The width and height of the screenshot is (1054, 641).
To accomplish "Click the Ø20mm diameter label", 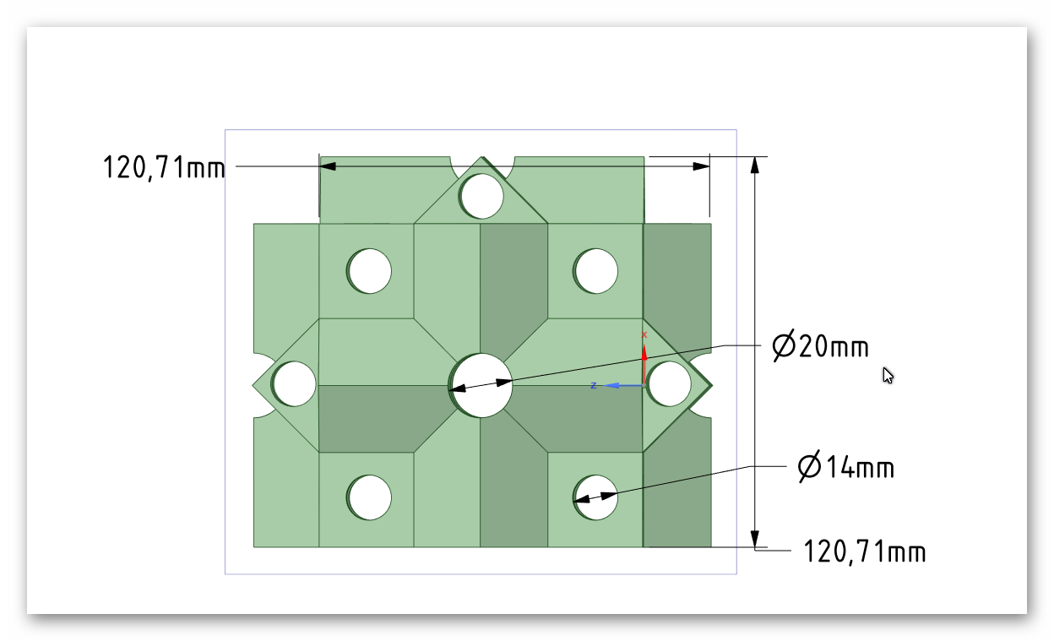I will [821, 346].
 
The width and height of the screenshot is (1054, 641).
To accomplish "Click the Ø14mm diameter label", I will [846, 467].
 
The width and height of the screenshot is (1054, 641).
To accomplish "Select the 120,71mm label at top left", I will [164, 168].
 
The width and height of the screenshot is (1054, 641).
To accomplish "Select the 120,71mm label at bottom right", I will [865, 552].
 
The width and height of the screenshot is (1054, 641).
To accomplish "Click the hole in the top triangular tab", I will [482, 196].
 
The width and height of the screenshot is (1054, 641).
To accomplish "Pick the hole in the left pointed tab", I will [295, 383].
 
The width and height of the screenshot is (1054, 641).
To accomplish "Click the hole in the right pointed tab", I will [670, 383].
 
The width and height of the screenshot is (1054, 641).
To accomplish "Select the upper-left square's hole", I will [370, 271].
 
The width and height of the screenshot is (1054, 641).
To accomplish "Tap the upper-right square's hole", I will [596, 271].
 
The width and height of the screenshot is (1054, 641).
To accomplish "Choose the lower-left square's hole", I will [370, 497].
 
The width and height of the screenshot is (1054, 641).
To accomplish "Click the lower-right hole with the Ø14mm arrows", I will [596, 497].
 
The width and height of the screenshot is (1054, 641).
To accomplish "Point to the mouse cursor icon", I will [888, 376].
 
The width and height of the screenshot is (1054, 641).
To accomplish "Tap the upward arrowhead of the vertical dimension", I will [755, 165].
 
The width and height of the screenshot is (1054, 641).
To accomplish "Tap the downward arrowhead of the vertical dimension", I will [755, 539].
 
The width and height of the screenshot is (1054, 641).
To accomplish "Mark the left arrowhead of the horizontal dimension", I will [328, 166].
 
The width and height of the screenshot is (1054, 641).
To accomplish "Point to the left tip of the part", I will [254, 384].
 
